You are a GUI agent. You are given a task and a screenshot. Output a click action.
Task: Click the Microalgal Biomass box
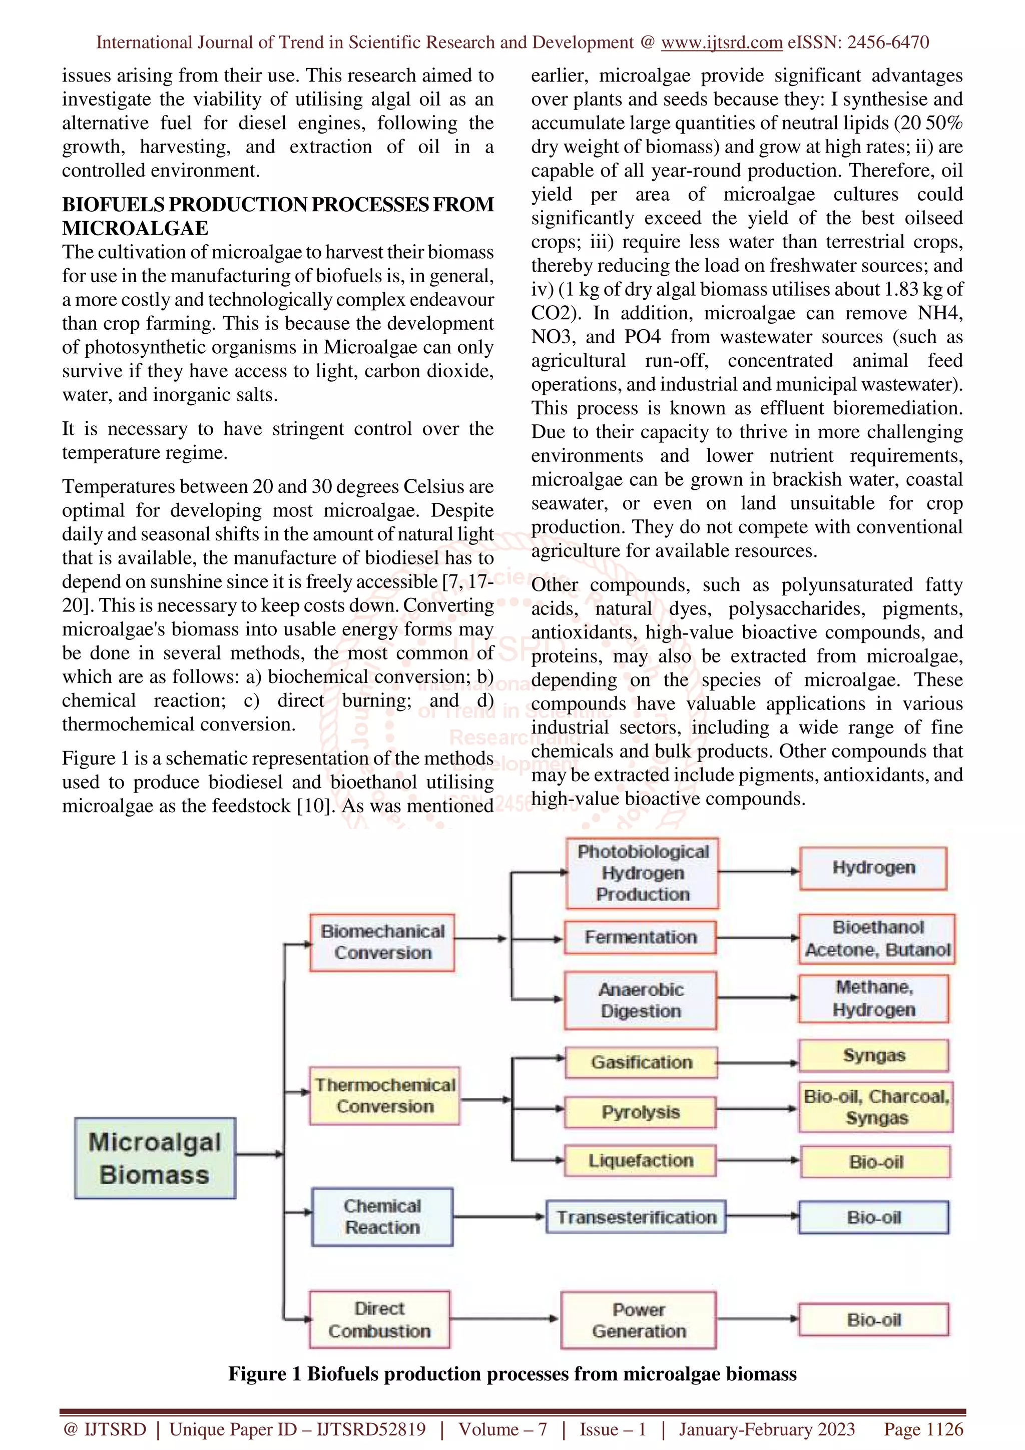155,1158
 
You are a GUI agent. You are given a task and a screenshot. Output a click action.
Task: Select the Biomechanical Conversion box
382,942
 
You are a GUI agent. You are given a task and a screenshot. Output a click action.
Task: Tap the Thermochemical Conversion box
384,1095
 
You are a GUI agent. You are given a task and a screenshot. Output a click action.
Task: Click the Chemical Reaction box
382,1216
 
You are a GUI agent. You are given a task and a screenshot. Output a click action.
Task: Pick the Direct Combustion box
379,1319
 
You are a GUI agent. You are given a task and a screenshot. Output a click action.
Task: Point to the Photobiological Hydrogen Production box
642,873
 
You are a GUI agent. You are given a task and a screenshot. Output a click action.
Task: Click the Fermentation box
641,937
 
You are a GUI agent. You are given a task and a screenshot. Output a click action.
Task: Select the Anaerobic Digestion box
641,1000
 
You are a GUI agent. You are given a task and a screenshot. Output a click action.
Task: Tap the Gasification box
641,1062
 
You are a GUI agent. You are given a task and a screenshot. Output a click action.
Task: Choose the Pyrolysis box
641,1112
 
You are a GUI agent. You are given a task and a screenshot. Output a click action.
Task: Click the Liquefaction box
641,1161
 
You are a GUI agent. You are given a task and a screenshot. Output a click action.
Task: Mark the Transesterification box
636,1217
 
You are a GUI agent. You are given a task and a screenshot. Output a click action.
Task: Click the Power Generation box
639,1320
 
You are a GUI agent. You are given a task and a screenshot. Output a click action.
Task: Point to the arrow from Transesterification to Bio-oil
762,1216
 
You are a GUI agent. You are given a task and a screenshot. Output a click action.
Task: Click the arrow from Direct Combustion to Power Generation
504,1318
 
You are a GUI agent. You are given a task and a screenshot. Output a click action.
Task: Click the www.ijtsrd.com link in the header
721,43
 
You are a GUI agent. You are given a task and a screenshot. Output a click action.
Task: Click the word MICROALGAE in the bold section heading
135,228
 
